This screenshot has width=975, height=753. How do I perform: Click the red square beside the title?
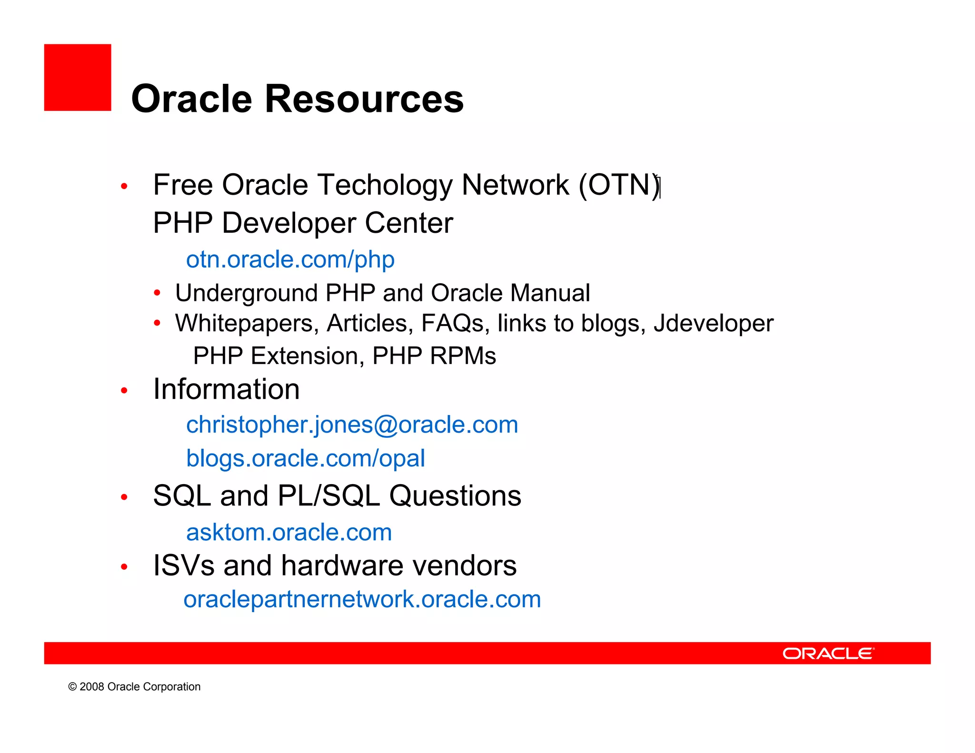tap(78, 78)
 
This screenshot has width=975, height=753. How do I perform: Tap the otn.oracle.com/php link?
tap(290, 260)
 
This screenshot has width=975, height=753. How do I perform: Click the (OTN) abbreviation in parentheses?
tap(619, 185)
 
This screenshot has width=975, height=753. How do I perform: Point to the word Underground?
tap(246, 293)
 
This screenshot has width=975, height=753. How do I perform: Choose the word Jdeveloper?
tap(713, 324)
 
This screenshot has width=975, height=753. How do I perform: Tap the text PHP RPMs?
tap(434, 356)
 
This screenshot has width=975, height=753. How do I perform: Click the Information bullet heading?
tap(226, 389)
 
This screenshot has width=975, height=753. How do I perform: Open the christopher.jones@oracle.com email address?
tap(352, 425)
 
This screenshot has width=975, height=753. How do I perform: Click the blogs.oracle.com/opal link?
tap(305, 458)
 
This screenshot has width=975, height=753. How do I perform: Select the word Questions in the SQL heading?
tap(455, 496)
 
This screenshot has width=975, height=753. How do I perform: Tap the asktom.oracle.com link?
tap(289, 532)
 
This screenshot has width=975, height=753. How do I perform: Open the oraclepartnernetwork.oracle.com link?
tap(362, 599)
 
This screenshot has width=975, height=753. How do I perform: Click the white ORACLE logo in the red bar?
tap(827, 654)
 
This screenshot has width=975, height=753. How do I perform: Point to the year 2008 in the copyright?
tap(91, 687)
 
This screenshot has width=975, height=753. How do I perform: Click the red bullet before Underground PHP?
tap(157, 293)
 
